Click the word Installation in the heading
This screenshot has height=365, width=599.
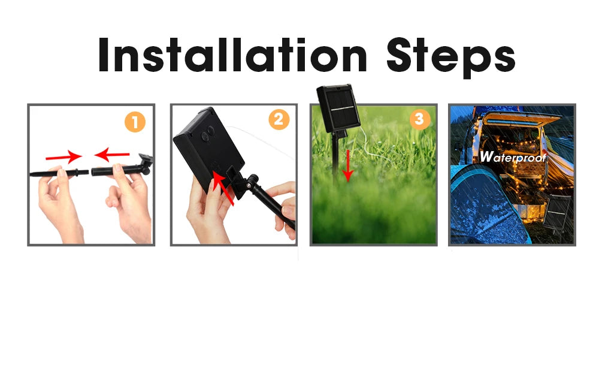[232, 55]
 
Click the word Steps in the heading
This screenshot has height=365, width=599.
[451, 58]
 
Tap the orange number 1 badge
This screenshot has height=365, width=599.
[135, 122]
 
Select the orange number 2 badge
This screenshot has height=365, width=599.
[279, 120]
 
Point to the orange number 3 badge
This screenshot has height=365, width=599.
[419, 119]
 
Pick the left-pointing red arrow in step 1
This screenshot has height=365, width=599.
[112, 154]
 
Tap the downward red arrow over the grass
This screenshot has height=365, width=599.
[347, 165]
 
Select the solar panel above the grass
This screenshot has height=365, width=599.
[338, 108]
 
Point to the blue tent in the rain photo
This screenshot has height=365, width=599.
[489, 206]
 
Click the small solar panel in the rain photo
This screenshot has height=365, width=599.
[558, 212]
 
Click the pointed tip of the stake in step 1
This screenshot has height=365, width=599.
[31, 174]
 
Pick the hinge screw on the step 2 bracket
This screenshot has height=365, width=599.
[249, 185]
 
